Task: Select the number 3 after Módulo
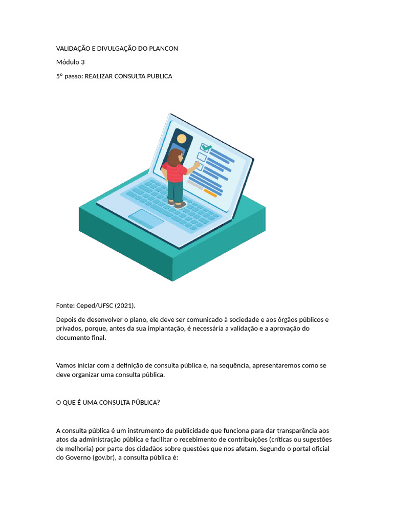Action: (83, 62)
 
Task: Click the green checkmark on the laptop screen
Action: (206, 147)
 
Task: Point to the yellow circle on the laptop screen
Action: (182, 139)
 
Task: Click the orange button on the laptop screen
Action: (210, 193)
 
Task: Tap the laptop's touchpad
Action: (145, 218)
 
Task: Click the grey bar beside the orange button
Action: (195, 183)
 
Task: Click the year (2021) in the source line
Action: (124, 305)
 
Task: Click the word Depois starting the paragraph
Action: (67, 320)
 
